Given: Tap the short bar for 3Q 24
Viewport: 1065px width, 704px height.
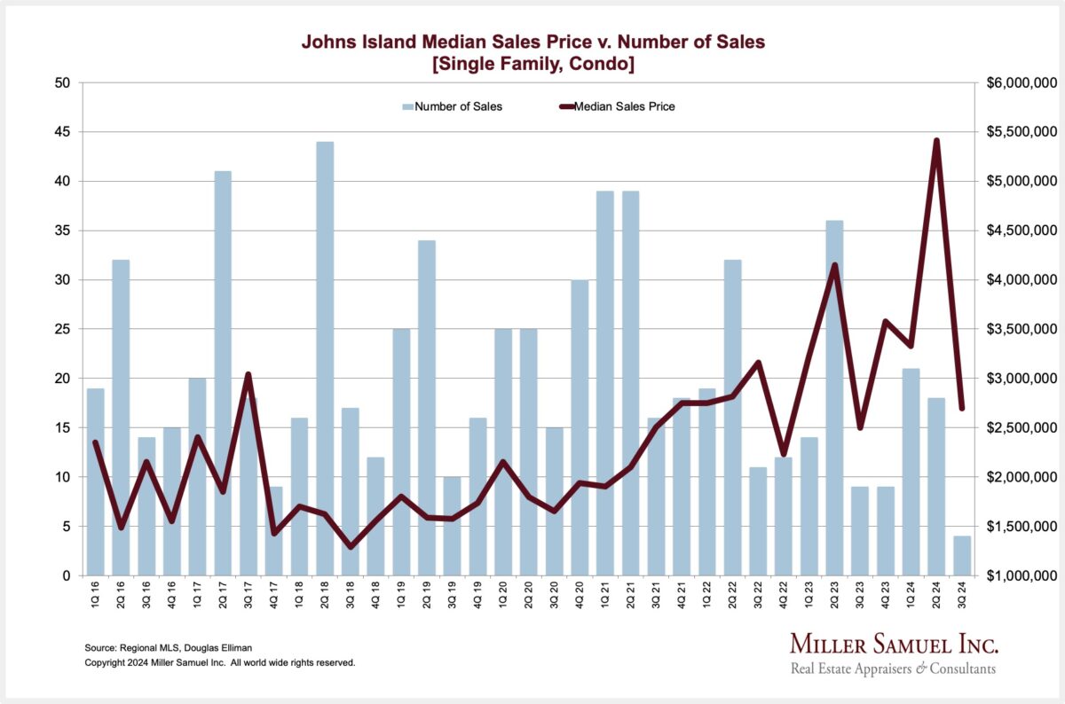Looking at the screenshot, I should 962,556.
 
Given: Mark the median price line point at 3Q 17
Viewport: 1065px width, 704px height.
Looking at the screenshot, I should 248,374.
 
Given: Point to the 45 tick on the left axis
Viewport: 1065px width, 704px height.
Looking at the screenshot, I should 62,132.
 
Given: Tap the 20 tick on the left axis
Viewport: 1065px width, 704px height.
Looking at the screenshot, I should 62,379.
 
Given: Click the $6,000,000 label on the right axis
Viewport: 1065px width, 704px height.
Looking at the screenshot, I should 1020,83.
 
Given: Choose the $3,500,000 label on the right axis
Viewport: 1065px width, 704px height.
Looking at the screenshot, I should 1020,330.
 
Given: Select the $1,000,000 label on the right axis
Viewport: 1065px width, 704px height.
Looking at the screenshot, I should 1020,576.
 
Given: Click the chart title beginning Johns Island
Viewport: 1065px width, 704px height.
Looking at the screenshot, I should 532,52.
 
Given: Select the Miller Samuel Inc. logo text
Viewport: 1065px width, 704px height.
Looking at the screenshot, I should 893,644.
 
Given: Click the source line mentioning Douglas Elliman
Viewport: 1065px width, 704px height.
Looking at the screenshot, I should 164,648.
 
